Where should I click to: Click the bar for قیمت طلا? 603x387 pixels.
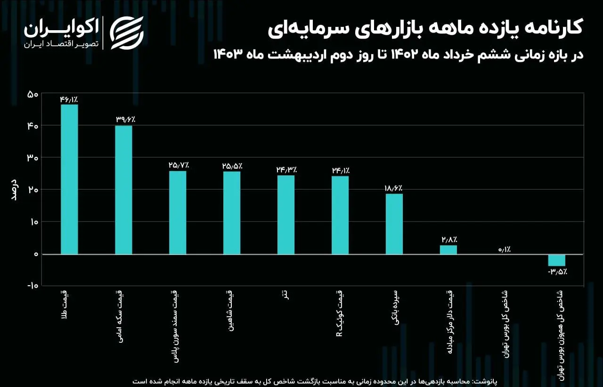[69, 179]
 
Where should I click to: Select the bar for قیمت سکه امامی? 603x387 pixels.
[123, 189]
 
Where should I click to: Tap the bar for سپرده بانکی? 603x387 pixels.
[394, 224]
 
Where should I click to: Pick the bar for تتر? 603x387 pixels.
[285, 214]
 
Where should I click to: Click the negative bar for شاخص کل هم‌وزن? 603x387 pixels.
[556, 260]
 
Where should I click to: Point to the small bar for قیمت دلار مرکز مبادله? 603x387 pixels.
[448, 249]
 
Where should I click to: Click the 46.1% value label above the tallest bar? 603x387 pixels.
[69, 99]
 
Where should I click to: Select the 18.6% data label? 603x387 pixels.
[394, 188]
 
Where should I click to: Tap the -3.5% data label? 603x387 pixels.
[557, 272]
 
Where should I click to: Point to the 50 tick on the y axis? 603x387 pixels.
[33, 94]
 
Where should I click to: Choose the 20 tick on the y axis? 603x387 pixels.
[33, 190]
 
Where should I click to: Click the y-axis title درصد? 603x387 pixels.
[14, 189]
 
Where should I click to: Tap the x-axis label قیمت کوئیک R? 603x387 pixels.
[340, 316]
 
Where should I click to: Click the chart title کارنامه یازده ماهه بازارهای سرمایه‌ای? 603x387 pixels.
[426, 28]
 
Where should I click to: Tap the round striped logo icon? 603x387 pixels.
[127, 33]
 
